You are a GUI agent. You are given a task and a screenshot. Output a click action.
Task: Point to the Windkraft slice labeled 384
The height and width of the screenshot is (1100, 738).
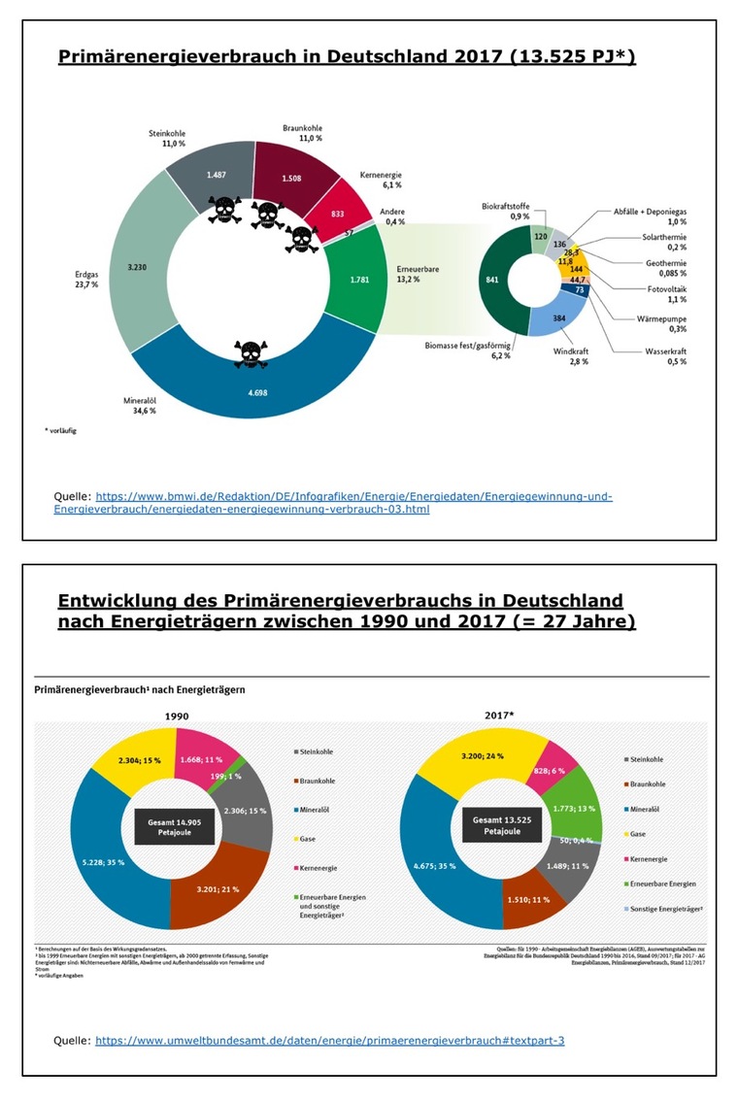coord(557,318)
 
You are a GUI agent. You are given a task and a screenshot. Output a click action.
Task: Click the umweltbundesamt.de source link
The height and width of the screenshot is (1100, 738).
coord(329,1040)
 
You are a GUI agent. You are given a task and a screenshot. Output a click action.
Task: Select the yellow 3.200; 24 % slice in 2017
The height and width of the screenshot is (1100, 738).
coord(482,753)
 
